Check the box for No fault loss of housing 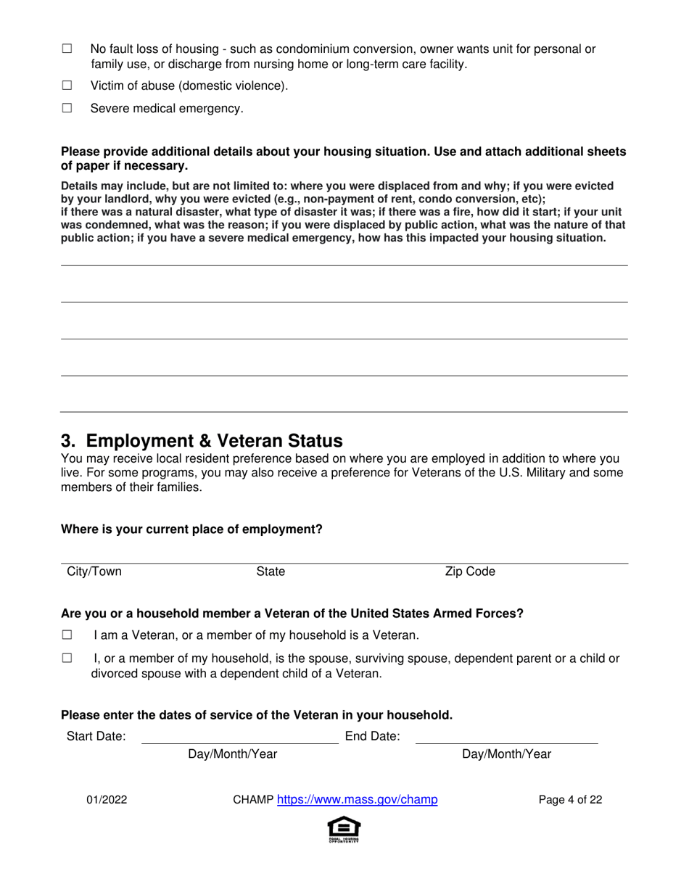coord(67,49)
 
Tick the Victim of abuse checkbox coord(67,86)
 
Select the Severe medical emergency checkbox coord(67,108)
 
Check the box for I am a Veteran coord(67,635)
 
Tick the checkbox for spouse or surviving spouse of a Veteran coord(67,658)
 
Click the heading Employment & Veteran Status coord(202,441)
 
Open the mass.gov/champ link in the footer coord(358,800)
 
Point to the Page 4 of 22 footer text coord(570,800)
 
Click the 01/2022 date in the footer coord(107,800)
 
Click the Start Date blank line coord(239,737)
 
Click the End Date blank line coord(506,737)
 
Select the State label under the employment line coord(271,571)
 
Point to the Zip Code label coord(470,571)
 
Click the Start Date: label coord(96,737)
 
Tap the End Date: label coord(372,737)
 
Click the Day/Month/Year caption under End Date coord(506,754)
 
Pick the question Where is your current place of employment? coord(191,529)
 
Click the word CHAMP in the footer coord(252,800)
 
